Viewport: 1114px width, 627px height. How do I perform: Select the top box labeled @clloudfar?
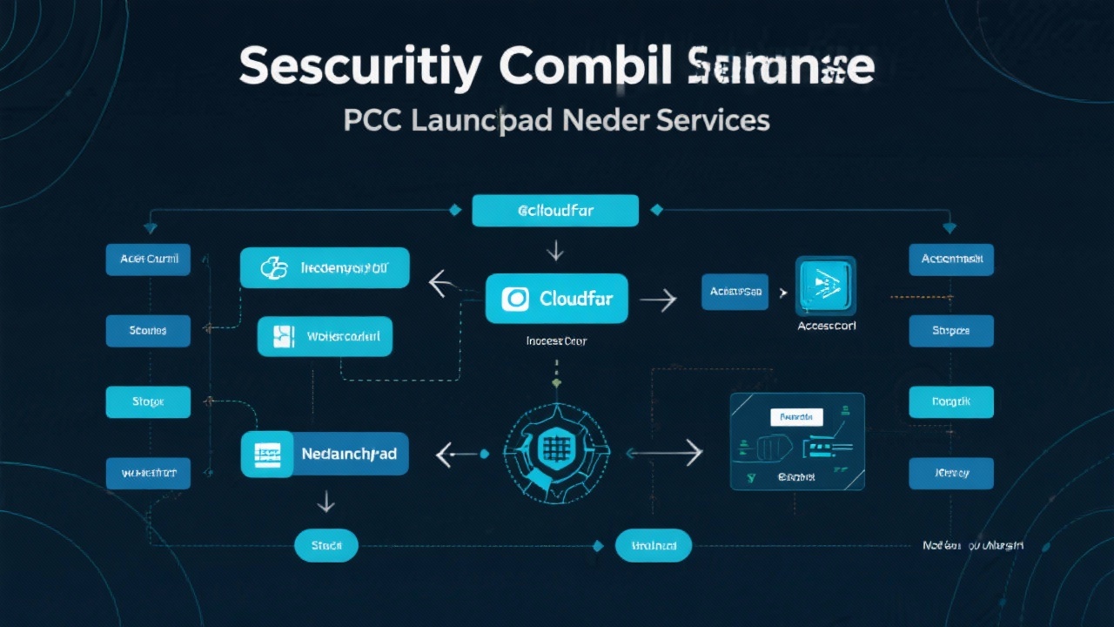[555, 211]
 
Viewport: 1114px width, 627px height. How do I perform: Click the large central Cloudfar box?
[556, 299]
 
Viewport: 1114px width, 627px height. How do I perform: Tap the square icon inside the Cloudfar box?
[515, 299]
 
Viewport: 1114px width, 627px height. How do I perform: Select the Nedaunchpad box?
[325, 454]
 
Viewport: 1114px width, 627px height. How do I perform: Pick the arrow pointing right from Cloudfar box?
[658, 300]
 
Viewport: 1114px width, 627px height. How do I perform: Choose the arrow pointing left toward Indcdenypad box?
[442, 282]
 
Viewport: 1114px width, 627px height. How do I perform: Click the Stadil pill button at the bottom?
[327, 545]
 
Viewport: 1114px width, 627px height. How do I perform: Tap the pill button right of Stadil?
[653, 545]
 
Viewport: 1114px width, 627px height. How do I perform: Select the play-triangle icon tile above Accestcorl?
[825, 285]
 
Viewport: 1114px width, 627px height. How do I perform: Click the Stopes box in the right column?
[951, 331]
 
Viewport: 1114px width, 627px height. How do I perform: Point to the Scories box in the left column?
[148, 331]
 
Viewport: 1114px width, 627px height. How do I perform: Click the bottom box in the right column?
[951, 473]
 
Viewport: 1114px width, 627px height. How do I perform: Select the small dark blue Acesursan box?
[736, 292]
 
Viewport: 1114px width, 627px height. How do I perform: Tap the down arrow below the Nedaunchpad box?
[325, 501]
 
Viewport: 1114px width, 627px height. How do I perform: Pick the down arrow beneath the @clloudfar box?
[554, 252]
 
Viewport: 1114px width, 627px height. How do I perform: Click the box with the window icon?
[325, 336]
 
